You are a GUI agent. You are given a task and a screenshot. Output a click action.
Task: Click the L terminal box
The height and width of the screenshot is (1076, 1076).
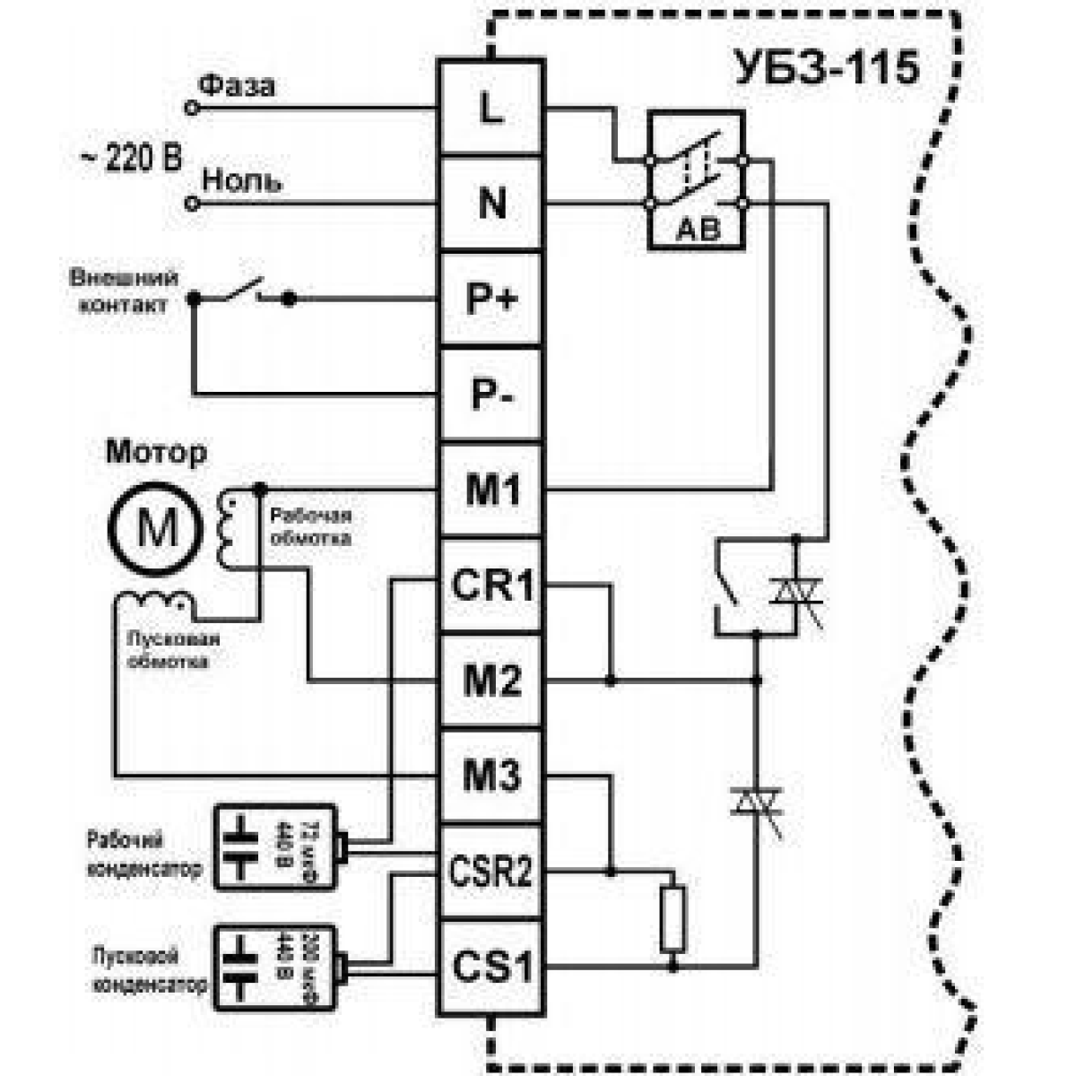[491, 108]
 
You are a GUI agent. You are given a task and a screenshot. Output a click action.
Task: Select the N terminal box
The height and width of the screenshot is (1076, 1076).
[491, 204]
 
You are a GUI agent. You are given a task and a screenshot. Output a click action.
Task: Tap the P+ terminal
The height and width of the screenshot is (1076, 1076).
[491, 299]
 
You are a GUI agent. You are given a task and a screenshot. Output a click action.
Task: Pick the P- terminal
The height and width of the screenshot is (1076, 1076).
[491, 395]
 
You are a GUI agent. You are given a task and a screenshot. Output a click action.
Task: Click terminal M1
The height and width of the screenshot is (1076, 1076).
[491, 490]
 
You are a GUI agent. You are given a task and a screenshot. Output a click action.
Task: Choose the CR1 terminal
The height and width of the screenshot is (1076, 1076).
[491, 586]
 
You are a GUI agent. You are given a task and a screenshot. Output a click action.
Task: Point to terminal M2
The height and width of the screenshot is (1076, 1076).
[491, 681]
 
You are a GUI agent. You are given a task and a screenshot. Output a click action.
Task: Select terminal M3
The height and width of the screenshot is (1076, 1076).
[491, 777]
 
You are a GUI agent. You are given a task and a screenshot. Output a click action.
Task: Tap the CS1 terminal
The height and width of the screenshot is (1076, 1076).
[491, 968]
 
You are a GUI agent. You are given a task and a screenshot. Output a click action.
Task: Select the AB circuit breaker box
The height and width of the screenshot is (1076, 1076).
[697, 179]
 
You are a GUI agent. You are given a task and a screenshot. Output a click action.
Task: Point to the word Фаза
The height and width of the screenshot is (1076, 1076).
[237, 86]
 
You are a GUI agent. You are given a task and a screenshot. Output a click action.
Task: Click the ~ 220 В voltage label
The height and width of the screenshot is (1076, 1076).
[131, 159]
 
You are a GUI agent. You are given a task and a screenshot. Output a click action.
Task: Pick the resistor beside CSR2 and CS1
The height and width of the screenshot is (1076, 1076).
[672, 918]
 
